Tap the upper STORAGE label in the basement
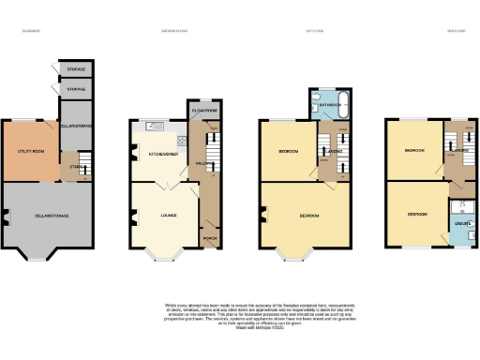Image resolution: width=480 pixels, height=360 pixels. click(x=78, y=70)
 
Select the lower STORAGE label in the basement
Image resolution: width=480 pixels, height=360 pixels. click(x=78, y=90)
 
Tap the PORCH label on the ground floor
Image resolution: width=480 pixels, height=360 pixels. click(x=210, y=238)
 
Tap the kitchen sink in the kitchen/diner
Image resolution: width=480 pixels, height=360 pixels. click(x=155, y=126)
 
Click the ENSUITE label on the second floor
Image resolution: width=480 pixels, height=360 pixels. click(x=461, y=225)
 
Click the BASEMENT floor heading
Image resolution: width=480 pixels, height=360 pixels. click(x=32, y=32)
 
